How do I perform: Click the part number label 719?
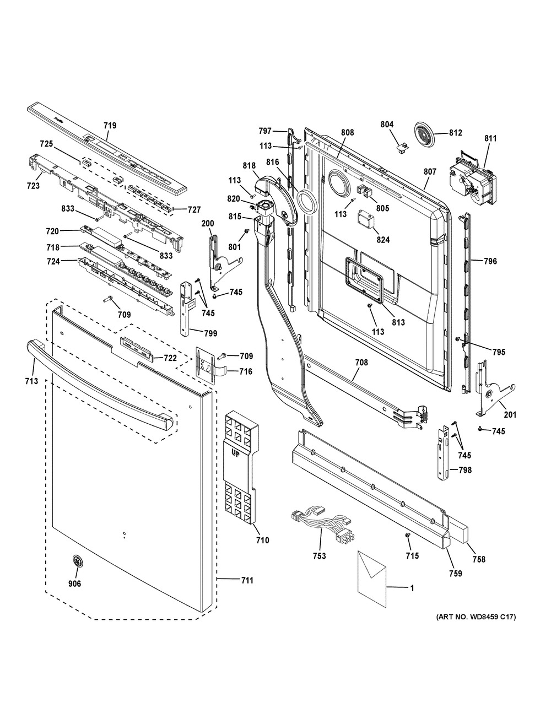110,125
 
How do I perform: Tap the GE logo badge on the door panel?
77,561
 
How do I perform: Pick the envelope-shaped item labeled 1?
372,578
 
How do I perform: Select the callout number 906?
75,584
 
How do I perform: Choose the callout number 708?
361,363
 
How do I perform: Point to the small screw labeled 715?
408,536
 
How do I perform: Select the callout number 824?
383,240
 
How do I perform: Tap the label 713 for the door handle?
31,381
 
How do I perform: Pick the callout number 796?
490,261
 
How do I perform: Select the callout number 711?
247,580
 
